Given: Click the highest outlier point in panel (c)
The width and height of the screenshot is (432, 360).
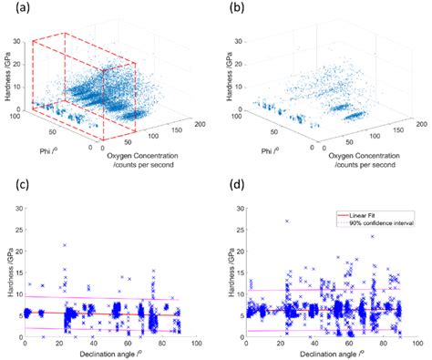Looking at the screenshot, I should (x=65, y=245).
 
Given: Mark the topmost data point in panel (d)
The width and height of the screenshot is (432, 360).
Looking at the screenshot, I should (x=286, y=221).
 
